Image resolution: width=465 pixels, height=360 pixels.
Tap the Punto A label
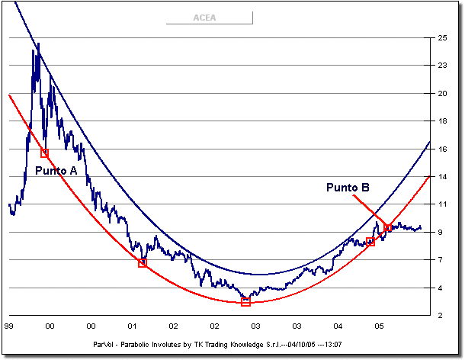56,171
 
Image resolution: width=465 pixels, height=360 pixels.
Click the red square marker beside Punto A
44,153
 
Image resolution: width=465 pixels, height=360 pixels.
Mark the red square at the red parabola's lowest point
245,302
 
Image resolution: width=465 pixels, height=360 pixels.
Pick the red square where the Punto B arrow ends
388,227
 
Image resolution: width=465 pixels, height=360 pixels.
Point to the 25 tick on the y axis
441,37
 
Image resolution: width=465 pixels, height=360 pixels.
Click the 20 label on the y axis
441,93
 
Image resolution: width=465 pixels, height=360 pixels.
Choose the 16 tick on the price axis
441,149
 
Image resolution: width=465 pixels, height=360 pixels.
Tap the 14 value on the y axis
441,176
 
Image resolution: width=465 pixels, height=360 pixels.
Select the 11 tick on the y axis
441,204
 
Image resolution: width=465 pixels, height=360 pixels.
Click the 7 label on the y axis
441,260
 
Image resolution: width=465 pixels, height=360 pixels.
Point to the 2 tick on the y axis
441,315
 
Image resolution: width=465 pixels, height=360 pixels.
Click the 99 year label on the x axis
8,326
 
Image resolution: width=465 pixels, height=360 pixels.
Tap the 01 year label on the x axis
132,326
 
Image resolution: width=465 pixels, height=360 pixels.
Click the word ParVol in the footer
101,343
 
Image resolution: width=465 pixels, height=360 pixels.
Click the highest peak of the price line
38,44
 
